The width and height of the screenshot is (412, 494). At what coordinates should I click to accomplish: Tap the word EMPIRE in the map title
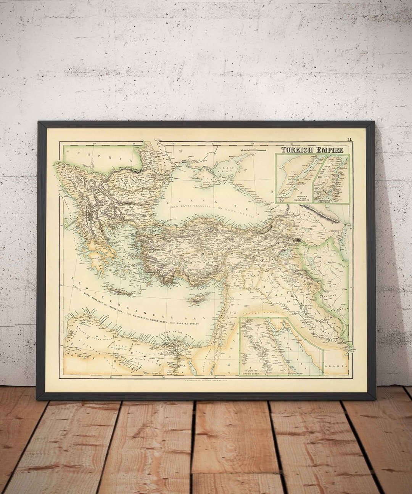329,150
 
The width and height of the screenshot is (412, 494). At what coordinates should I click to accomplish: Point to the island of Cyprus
197,299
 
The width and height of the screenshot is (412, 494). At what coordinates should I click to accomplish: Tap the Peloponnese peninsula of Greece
98,263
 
